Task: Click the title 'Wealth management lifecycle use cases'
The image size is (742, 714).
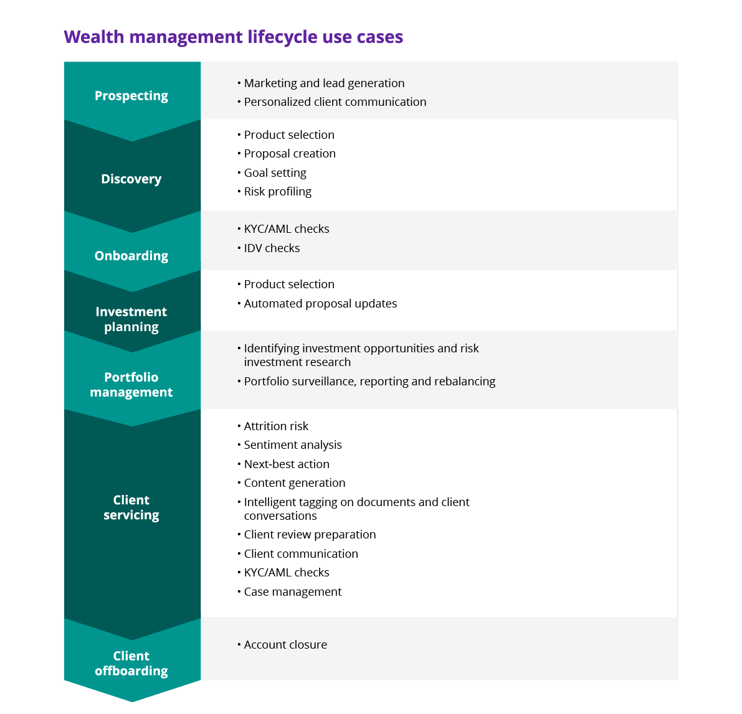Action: coord(233,37)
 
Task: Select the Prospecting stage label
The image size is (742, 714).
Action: coord(131,96)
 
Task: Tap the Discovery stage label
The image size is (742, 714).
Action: coord(131,179)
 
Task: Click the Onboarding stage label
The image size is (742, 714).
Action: coord(131,256)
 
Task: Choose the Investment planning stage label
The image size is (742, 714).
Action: coord(131,319)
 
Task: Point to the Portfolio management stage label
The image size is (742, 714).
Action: coord(131,385)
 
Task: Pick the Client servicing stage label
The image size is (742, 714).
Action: coord(131,507)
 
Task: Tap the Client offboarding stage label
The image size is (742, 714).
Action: coord(131,663)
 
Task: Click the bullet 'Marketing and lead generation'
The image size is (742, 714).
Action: coord(324,83)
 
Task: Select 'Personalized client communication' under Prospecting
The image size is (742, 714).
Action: coord(335,102)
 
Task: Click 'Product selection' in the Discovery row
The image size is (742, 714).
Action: coord(289,135)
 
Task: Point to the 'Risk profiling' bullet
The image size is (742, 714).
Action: coord(277,192)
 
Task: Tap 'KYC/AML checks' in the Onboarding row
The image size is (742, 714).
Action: coord(287,229)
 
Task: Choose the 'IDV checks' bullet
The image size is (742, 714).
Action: coord(272,248)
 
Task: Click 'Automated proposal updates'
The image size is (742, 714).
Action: coord(320,304)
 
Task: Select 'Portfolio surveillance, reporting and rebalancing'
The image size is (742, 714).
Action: coord(369,382)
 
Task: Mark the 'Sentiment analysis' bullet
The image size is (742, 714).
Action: coord(293,445)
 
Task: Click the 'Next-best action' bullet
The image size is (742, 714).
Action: coord(287,464)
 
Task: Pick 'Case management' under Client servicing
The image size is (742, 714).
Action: coord(293,592)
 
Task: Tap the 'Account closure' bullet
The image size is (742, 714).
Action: coord(285,645)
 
